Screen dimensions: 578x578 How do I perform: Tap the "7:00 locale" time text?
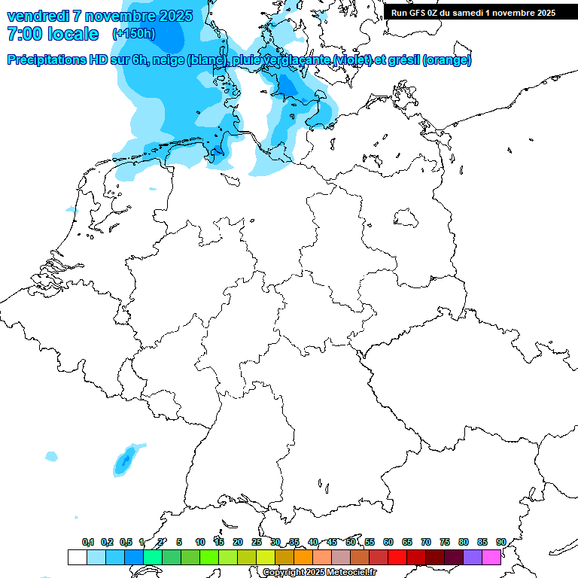[x=53, y=34]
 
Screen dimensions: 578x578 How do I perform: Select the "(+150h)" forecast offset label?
[x=133, y=34]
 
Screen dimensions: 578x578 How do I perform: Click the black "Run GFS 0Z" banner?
[x=473, y=13]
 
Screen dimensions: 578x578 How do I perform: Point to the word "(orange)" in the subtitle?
[x=447, y=60]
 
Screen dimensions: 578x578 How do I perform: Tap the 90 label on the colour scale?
[x=500, y=542]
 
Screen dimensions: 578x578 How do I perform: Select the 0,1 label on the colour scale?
[x=87, y=542]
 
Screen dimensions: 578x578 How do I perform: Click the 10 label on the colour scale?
[x=200, y=542]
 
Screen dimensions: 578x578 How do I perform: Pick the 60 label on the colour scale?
[x=388, y=542]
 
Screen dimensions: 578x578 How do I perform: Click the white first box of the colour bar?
[x=77, y=557]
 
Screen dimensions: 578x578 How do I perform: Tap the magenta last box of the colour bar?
[x=491, y=557]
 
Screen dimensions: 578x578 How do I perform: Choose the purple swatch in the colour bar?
[x=473, y=557]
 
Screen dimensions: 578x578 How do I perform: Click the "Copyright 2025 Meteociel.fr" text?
[x=319, y=573]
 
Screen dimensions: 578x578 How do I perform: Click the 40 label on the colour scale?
[x=313, y=542]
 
